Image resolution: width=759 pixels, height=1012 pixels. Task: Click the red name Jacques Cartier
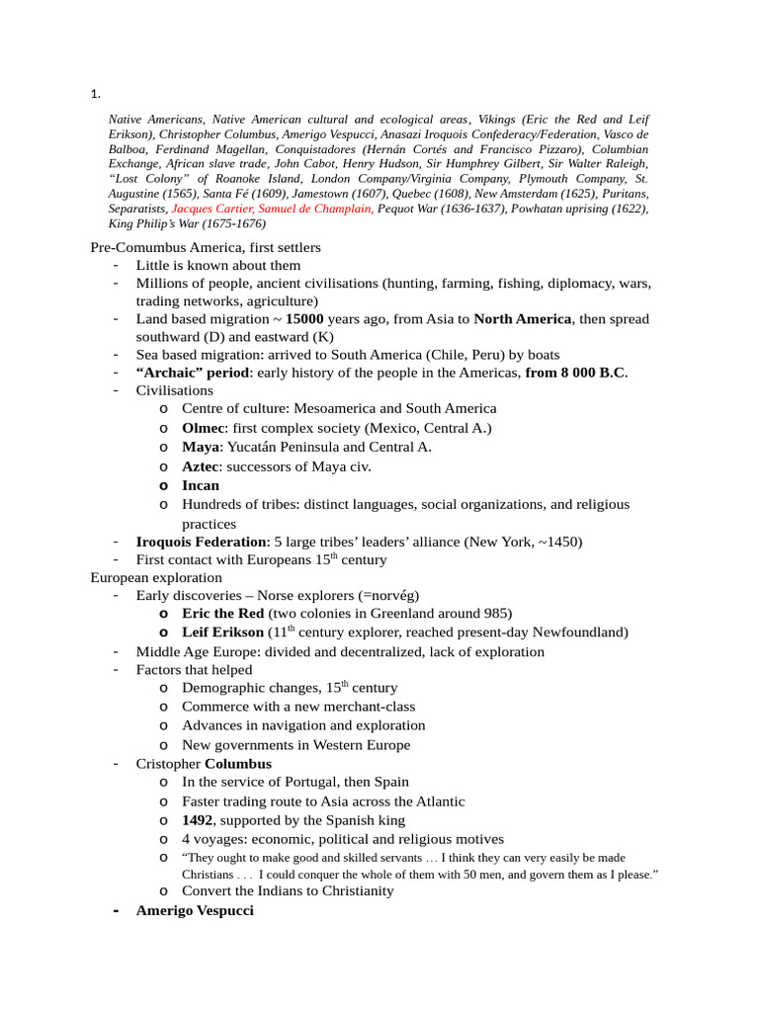212,209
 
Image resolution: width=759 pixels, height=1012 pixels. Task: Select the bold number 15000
304,319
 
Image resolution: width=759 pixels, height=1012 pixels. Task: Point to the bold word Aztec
203,465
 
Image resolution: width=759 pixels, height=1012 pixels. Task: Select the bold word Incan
201,485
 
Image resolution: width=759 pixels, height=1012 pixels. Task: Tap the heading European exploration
156,577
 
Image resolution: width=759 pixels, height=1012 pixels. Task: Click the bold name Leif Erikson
222,632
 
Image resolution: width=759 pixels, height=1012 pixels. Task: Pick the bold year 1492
197,820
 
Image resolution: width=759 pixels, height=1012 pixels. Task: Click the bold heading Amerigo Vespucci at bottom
195,910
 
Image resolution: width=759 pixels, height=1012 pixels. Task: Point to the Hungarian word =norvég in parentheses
389,595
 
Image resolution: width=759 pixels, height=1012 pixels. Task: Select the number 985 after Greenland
498,614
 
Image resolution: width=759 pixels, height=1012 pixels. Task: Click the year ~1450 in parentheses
557,542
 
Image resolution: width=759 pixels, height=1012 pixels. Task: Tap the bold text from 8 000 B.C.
575,373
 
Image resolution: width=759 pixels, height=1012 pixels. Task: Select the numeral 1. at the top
95,95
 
